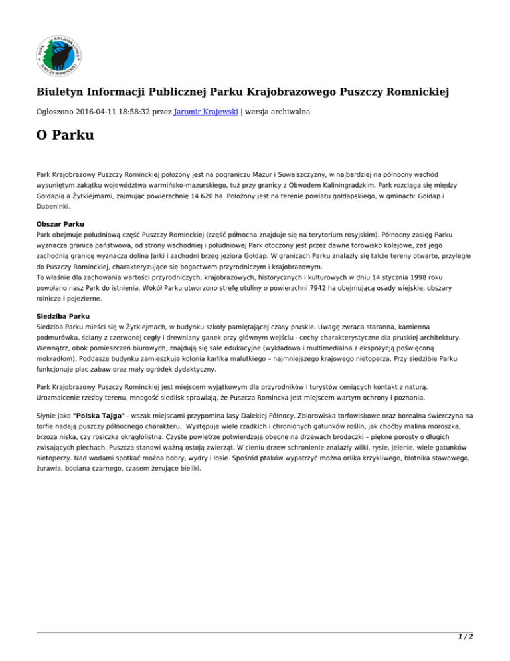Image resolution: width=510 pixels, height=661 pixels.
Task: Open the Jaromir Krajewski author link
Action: (x=199, y=112)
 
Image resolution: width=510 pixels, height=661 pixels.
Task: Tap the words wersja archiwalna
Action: (x=273, y=112)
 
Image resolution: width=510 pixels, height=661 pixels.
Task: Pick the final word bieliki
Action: (x=183, y=467)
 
